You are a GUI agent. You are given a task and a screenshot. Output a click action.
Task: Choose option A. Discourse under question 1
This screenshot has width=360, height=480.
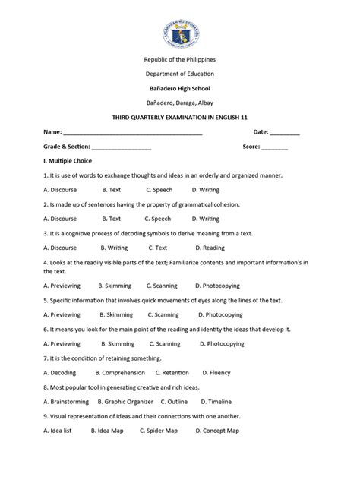click(61, 189)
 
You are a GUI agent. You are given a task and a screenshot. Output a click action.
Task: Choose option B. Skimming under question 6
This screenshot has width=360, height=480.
click(115, 343)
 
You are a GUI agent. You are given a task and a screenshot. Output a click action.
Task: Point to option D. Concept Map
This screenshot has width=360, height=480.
click(217, 430)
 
